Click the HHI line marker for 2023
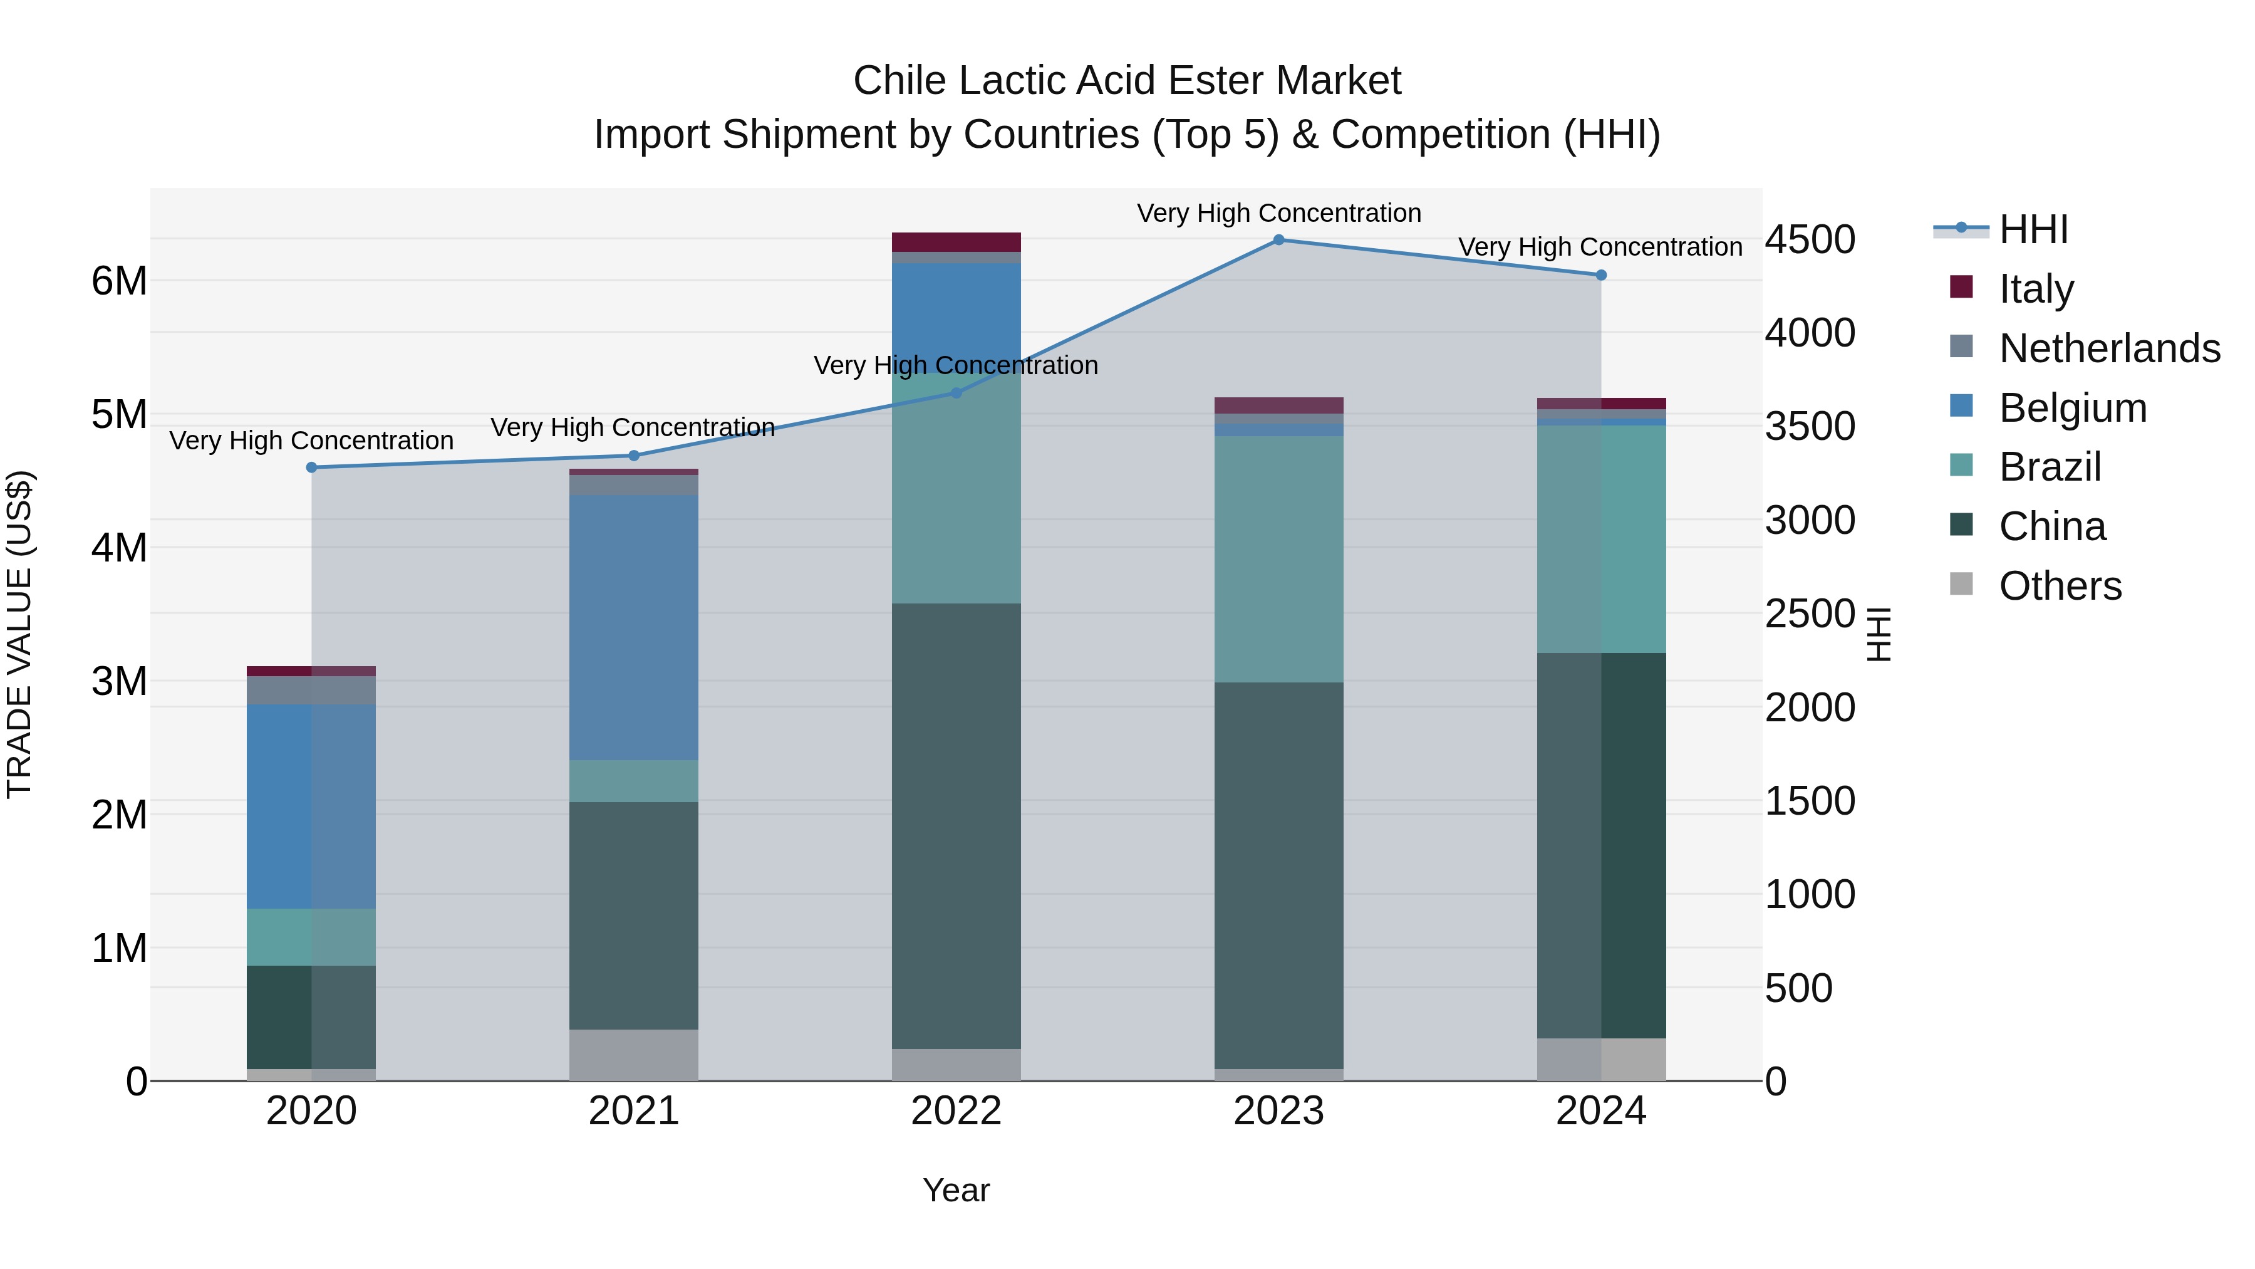[1278, 240]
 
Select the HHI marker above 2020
[312, 467]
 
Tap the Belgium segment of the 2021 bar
[634, 627]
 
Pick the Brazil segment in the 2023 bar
[1278, 559]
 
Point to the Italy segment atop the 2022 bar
[956, 243]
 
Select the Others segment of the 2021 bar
[634, 1055]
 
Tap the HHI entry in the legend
[2033, 229]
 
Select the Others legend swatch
[1962, 584]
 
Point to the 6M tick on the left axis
[119, 281]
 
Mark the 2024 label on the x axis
[1600, 1111]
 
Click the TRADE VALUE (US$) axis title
[20, 634]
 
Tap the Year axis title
[956, 1190]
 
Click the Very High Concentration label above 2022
[956, 365]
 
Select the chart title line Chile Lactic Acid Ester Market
[1127, 81]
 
